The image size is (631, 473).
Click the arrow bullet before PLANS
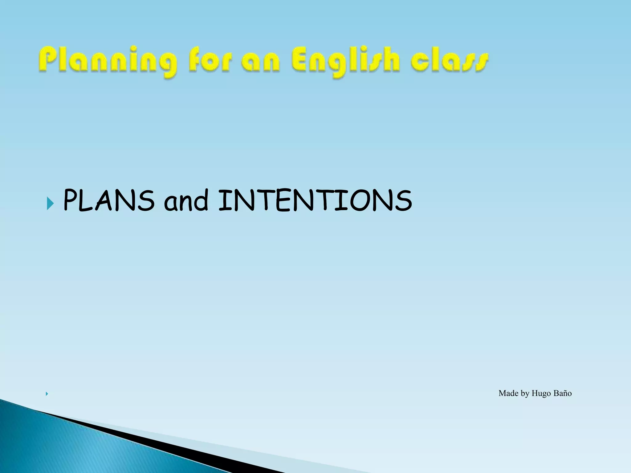50,204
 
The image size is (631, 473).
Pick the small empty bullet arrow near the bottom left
47,394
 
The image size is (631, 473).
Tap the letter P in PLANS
70,201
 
